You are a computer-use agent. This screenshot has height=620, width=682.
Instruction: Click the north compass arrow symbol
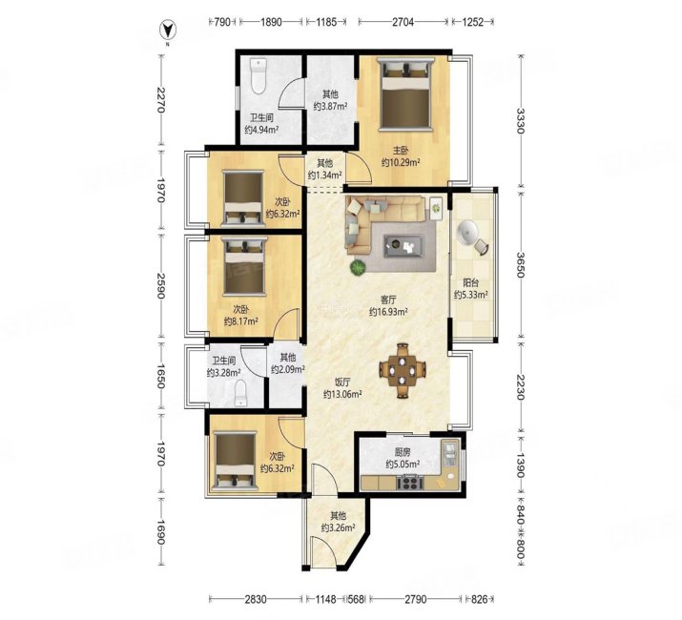coord(167,30)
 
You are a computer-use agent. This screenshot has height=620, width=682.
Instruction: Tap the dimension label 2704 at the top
coord(403,22)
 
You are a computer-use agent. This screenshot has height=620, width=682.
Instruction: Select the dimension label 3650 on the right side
coord(521,264)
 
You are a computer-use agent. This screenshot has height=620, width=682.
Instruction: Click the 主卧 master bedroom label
coord(401,151)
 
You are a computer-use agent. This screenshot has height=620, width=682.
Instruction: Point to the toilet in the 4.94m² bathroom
coord(258,76)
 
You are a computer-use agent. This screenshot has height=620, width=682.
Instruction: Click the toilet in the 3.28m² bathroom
coord(241,393)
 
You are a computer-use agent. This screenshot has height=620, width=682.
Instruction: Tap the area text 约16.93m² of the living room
coord(388,312)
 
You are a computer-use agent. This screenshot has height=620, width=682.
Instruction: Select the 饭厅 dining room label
coord(342,382)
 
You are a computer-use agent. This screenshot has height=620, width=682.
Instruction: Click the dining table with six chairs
coord(403,371)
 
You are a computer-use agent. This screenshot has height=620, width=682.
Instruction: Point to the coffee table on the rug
coord(403,246)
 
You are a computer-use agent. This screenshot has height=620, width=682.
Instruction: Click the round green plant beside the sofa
coord(359,268)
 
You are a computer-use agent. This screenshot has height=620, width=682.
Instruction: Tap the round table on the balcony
coord(467,231)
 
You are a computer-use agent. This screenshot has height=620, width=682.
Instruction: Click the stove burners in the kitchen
coord(410,482)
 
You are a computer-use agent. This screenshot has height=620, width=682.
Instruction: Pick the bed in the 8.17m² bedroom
coord(245,266)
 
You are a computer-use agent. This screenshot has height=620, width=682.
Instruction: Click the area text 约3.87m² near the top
coord(330,106)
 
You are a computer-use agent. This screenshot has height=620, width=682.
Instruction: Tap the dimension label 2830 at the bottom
coord(256,600)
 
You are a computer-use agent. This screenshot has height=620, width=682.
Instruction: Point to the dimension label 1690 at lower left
coord(161,532)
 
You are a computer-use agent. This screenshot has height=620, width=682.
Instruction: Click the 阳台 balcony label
coord(470,282)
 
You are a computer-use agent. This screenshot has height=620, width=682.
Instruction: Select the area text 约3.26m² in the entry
coord(339,527)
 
